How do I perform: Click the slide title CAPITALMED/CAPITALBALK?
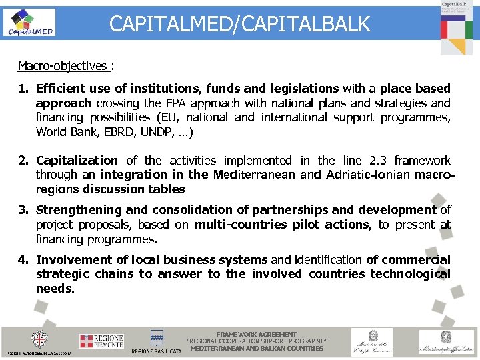(x=239, y=25)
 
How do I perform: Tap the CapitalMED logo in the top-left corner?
(x=29, y=23)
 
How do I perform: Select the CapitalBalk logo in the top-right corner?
(x=456, y=27)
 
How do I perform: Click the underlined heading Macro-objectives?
(x=62, y=66)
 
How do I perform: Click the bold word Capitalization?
(x=77, y=161)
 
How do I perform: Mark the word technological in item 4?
(x=410, y=274)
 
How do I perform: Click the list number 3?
(x=23, y=210)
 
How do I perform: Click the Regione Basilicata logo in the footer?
(x=157, y=341)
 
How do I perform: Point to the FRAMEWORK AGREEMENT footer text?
(x=257, y=335)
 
